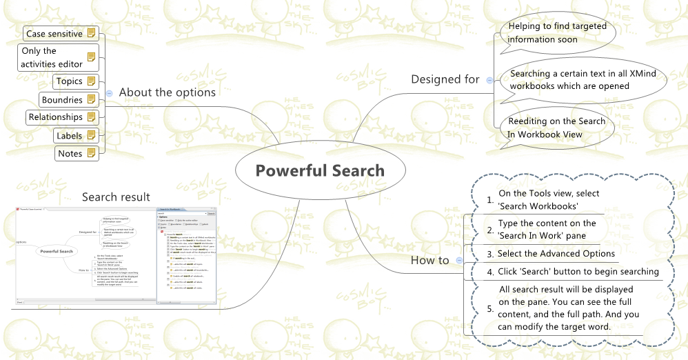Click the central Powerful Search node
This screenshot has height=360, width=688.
click(320, 171)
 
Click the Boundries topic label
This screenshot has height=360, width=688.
click(62, 100)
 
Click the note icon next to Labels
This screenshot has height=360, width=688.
click(91, 136)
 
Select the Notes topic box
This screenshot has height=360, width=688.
click(70, 154)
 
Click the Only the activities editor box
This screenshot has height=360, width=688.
click(52, 57)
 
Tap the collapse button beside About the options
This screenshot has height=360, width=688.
click(110, 93)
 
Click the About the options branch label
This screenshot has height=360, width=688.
click(167, 92)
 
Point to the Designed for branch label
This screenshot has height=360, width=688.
click(445, 79)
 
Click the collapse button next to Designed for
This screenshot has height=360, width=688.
click(489, 80)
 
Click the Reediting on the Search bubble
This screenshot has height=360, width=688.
click(556, 128)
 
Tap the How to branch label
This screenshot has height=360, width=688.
click(429, 260)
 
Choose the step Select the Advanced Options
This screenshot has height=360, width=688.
click(556, 254)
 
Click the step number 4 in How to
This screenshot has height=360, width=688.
click(490, 272)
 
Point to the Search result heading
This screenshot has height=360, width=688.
click(116, 197)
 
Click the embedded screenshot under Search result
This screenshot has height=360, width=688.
click(115, 254)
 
